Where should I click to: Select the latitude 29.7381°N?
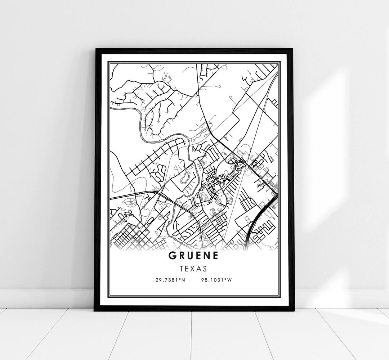[x=170, y=280]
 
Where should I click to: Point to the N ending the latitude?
[x=183, y=280]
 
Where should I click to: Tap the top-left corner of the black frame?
[x=95, y=49]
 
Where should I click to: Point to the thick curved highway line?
[x=261, y=213]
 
